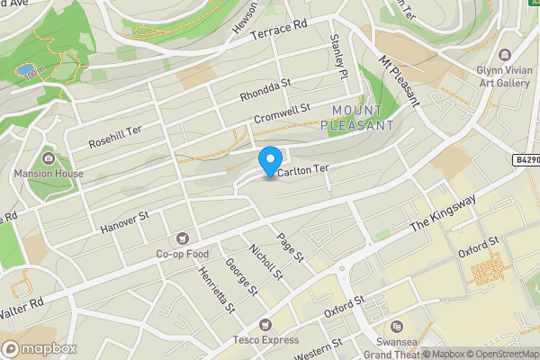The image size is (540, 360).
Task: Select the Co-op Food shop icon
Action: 184,238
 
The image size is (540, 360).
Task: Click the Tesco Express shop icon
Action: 265,324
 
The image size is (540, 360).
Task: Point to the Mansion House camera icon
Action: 47,158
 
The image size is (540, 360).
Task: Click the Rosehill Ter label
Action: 115,135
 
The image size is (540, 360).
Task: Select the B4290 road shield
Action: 527,159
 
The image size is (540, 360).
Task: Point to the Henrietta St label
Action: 217,288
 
